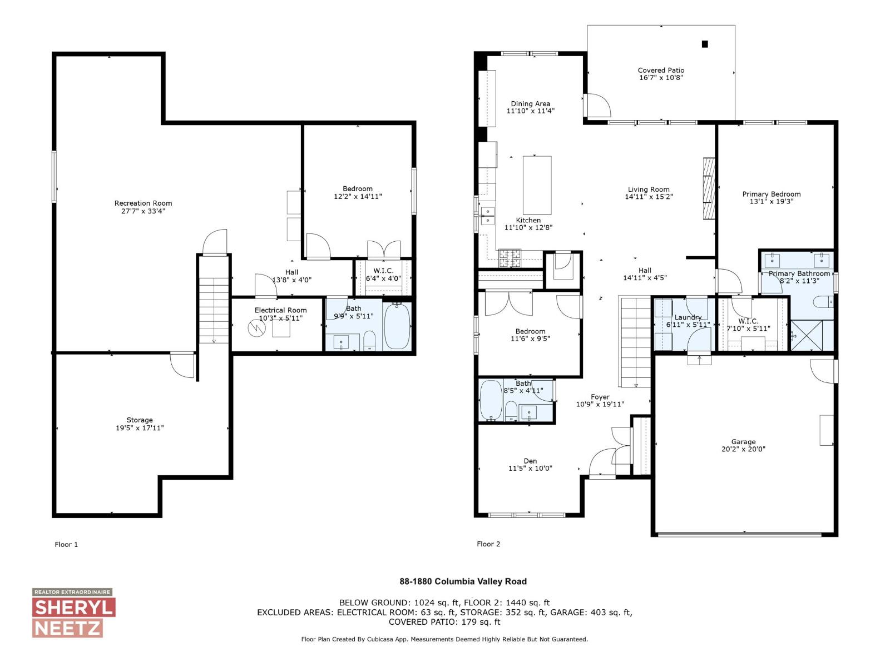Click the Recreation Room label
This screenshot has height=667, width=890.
143,203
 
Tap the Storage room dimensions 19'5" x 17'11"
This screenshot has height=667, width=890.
140,428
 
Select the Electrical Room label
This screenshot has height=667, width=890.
280,310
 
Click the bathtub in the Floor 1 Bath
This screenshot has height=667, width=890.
397,327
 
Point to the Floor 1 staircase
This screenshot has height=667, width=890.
214,311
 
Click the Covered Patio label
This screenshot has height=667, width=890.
661,71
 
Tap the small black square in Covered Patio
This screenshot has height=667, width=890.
705,44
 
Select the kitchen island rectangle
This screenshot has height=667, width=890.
537,185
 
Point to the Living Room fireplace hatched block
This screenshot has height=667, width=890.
708,189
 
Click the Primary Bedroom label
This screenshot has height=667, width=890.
771,194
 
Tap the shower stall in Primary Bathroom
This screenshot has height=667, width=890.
812,335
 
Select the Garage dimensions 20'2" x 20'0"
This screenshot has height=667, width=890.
743,449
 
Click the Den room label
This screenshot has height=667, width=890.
530,461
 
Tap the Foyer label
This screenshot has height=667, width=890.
600,397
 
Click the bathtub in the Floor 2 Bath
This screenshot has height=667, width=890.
491,401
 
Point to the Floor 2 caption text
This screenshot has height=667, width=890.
488,544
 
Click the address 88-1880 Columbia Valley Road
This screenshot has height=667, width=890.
463,581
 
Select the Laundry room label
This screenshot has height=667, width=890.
688,317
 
